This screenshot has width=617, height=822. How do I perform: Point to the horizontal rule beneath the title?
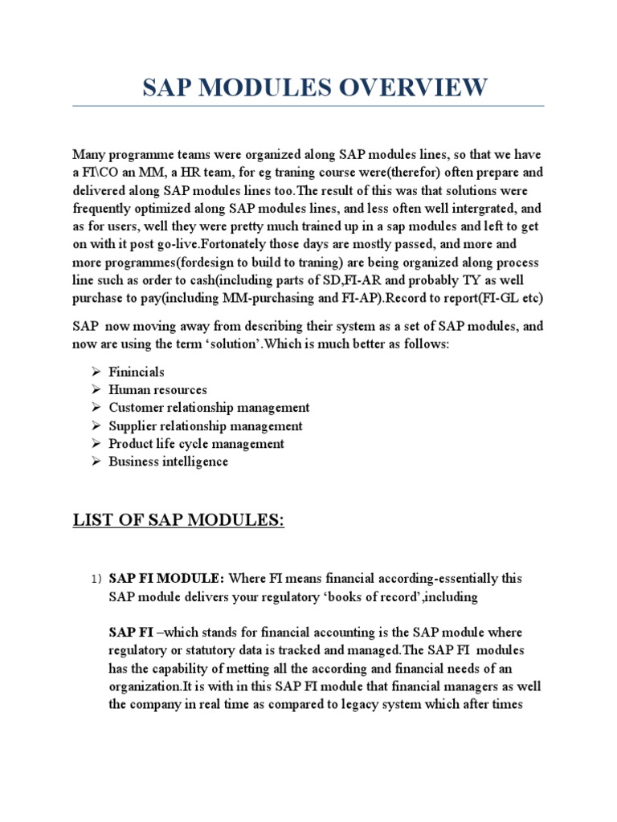(308, 106)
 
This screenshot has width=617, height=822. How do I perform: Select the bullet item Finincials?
(137, 372)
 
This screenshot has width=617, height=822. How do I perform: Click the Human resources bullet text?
(157, 390)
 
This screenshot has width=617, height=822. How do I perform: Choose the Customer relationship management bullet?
(209, 408)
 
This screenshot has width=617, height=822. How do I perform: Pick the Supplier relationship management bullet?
(206, 426)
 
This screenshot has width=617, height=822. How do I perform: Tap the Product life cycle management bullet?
(196, 444)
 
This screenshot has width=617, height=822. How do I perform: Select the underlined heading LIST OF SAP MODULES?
(178, 521)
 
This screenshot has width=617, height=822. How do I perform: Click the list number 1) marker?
(96, 579)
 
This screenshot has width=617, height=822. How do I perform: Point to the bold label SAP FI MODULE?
(167, 578)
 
